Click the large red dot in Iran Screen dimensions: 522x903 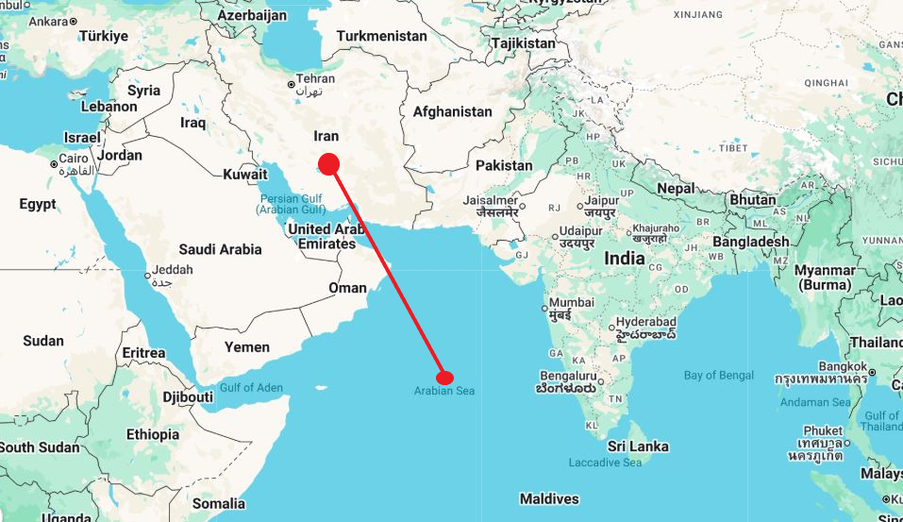(328, 164)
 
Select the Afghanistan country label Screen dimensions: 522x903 (452, 111)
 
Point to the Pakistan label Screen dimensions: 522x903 (504, 165)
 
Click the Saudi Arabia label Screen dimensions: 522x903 (220, 249)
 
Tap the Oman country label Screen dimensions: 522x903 (347, 287)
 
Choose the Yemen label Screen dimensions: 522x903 (246, 346)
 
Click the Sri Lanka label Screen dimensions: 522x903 (638, 446)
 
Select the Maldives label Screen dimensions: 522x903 (549, 498)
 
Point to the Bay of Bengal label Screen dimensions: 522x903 (719, 376)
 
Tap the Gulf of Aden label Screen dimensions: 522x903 (250, 388)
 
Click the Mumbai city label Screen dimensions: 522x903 (572, 302)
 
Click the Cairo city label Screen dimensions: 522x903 (73, 159)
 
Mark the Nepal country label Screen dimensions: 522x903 (676, 188)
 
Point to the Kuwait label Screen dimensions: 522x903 (245, 174)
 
